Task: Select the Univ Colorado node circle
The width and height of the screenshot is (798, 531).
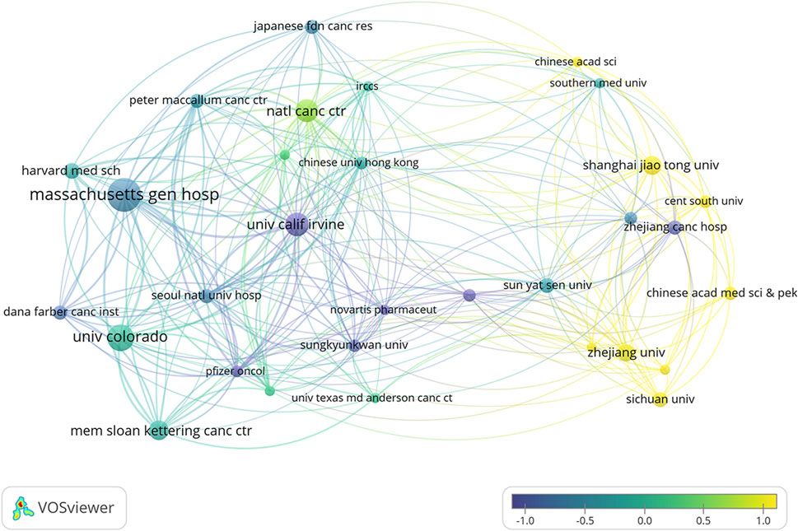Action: pyautogui.click(x=120, y=338)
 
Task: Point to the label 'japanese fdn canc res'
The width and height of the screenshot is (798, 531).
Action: pyautogui.click(x=312, y=26)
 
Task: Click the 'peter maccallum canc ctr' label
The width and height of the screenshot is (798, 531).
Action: pyautogui.click(x=198, y=100)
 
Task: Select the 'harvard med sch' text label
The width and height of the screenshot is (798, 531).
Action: pyautogui.click(x=71, y=170)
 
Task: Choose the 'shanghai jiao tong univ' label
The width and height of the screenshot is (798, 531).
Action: pyautogui.click(x=651, y=165)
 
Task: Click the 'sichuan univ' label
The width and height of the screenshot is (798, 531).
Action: pyautogui.click(x=660, y=399)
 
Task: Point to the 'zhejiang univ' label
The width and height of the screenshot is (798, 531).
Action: pyautogui.click(x=626, y=352)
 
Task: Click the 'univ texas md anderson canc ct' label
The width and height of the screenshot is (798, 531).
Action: pyautogui.click(x=372, y=398)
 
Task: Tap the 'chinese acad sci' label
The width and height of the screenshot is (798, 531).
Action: pyautogui.click(x=576, y=62)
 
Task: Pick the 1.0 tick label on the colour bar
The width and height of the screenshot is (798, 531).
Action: pyautogui.click(x=763, y=519)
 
